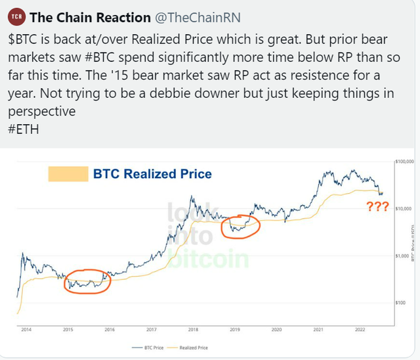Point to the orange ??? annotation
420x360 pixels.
click(376, 207)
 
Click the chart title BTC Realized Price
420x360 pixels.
click(152, 174)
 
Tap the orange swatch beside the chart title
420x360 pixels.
click(68, 174)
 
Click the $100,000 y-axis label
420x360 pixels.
click(406, 160)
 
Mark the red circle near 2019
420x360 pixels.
click(241, 226)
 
